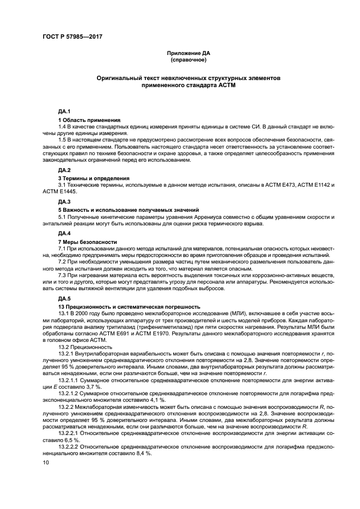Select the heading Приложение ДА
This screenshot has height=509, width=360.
(188, 53)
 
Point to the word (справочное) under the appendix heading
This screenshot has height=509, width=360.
(188, 60)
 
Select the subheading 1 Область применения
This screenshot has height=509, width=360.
(90, 120)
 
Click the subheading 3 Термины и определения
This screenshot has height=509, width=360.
(94, 178)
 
